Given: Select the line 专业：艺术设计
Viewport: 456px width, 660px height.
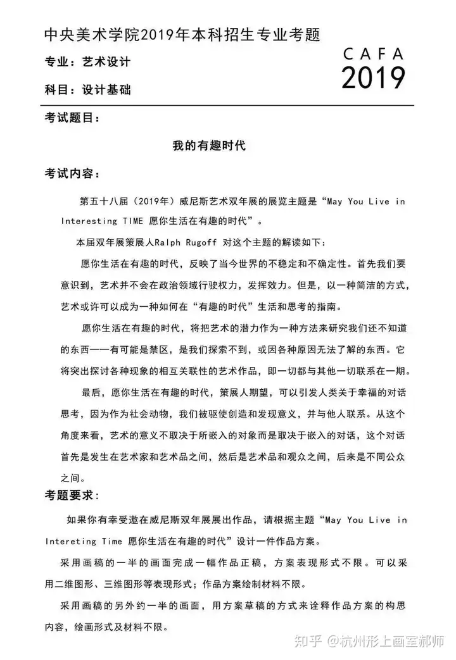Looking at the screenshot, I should pos(88,62).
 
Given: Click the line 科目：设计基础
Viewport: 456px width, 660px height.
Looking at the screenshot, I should pos(88,89).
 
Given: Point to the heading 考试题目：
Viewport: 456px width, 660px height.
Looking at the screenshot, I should pos(72,118).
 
